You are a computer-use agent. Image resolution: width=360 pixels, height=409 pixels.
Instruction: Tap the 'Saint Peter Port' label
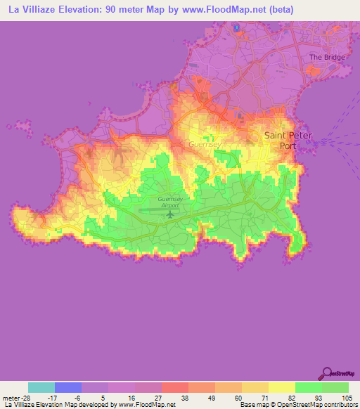[x=288, y=141]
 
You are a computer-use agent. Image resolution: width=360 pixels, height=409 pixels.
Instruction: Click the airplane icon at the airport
[x=169, y=214]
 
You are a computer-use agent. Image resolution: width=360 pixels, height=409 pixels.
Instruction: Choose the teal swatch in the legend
[x=41, y=387]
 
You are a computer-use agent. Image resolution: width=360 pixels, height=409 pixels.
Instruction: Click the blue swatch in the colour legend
[x=68, y=387]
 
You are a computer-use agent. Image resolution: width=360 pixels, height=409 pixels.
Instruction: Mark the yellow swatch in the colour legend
[x=281, y=387]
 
